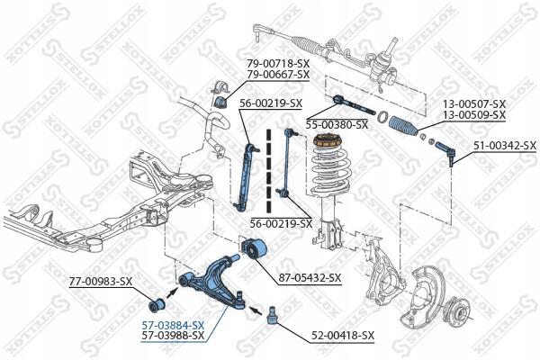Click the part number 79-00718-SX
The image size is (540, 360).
point(277,63)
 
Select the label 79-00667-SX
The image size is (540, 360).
point(277,75)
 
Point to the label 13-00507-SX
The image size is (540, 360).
point(473,104)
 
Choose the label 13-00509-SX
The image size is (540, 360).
point(473,115)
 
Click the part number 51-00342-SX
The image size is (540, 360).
point(504,145)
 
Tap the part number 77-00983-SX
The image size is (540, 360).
point(101,282)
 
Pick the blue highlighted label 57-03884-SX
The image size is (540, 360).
point(173,325)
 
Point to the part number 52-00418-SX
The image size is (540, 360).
point(343,336)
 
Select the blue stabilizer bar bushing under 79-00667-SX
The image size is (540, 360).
point(220,102)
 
